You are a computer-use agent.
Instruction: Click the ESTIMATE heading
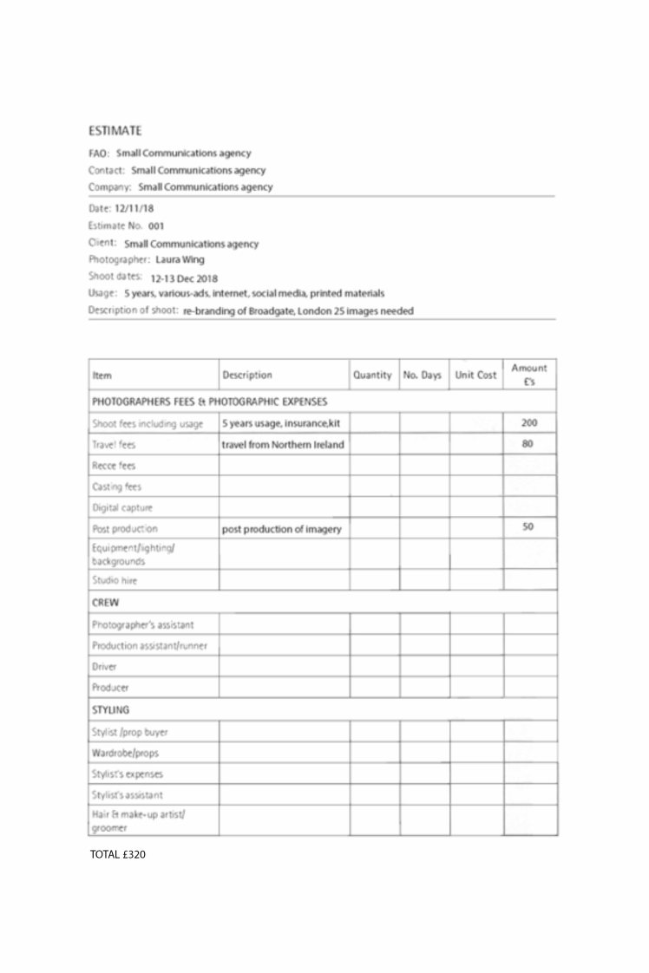pos(115,131)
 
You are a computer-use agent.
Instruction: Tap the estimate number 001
pos(156,225)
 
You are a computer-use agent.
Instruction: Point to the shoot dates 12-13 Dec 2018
pos(184,278)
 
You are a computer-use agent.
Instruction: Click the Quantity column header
pos(372,375)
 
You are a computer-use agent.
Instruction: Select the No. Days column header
pos(423,375)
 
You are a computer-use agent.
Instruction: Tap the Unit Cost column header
pos(475,375)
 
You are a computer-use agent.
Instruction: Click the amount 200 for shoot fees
pos(529,423)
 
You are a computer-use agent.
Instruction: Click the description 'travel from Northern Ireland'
pos(283,445)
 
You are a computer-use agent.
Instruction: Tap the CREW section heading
pos(105,601)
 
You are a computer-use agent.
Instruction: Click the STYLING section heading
pos(110,709)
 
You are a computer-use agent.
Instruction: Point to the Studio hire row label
pos(115,579)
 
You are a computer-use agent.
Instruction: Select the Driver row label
pos(104,667)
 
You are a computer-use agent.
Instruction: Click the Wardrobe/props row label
pos(125,753)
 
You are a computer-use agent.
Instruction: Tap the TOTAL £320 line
pos(117,854)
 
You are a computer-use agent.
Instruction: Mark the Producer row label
pos(110,688)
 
